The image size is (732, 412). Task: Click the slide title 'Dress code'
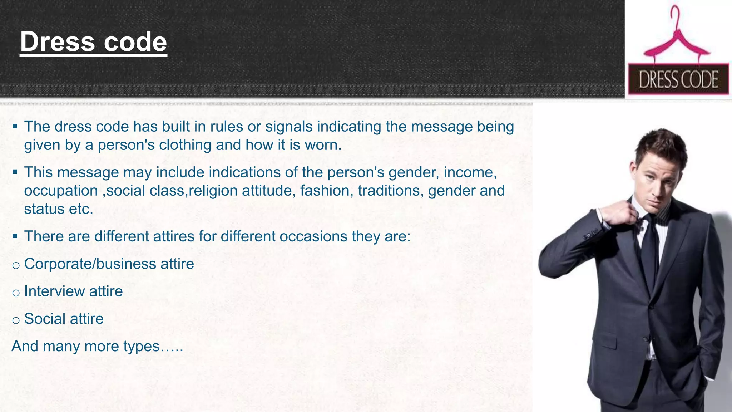(x=93, y=42)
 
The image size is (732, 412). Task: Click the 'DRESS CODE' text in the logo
(x=678, y=79)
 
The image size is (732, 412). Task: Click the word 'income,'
(x=470, y=172)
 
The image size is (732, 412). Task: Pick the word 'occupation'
(x=61, y=191)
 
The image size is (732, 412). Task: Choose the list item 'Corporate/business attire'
(x=109, y=264)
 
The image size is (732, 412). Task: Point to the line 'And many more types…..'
(x=97, y=346)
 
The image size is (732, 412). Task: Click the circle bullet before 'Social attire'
(x=16, y=320)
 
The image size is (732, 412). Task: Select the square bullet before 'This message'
(x=15, y=172)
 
